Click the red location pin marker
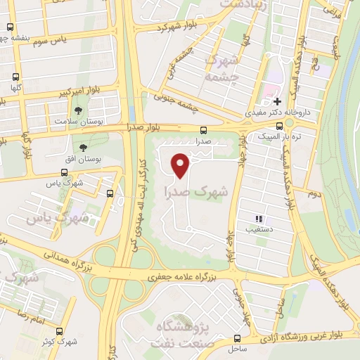[x=181, y=165]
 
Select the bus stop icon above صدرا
[x=203, y=130]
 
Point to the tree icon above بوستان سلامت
[x=78, y=110]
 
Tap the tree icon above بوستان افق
[x=84, y=148]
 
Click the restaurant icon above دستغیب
[x=258, y=219]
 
